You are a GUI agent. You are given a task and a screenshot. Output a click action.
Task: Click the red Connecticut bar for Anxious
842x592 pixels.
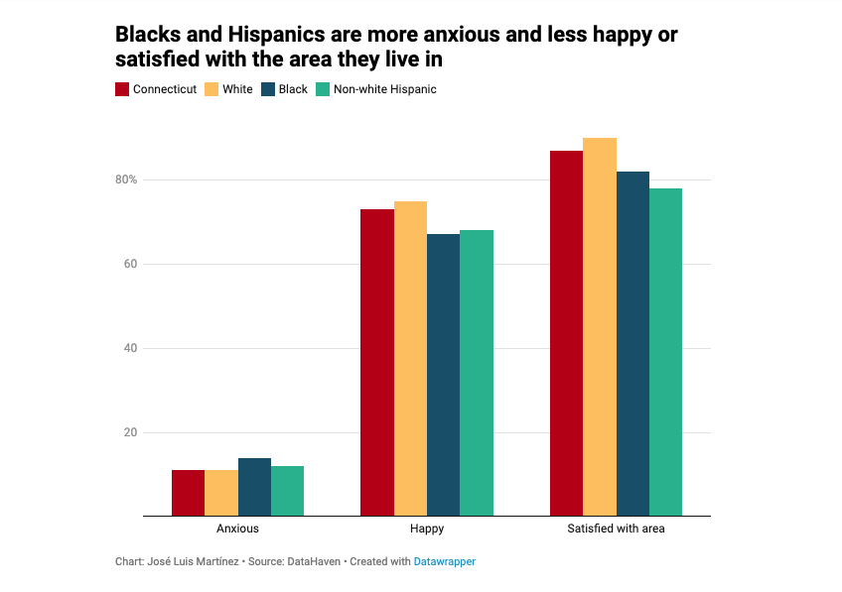[188, 493]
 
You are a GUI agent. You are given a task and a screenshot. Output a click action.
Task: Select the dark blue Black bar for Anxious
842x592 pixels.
[254, 487]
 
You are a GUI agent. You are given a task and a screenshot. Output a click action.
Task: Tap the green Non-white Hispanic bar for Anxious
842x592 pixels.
[288, 491]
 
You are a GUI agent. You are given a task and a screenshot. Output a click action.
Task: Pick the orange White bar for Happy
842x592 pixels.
[410, 358]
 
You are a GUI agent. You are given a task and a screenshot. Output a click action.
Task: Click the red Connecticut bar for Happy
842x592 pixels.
[376, 362]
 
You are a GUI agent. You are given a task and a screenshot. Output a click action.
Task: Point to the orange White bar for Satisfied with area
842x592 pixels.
[599, 327]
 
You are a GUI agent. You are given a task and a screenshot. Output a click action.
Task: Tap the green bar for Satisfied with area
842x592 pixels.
[665, 352]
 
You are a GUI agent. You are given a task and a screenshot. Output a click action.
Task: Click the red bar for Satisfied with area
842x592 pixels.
[566, 333]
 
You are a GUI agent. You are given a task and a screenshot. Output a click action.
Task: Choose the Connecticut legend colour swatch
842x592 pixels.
[123, 89]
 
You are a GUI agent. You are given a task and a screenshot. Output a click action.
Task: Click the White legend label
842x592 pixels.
[237, 89]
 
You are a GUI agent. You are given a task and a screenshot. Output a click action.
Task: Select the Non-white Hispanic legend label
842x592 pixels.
[384, 89]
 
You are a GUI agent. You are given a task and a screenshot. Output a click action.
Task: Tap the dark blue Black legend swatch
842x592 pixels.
[267, 89]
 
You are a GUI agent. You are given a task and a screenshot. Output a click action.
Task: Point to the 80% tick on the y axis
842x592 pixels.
[125, 179]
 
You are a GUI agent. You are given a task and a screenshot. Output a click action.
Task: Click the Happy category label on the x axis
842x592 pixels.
[427, 529]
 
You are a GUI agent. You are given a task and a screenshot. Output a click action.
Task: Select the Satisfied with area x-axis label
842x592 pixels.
[616, 529]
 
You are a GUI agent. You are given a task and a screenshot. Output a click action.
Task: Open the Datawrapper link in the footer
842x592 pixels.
[444, 561]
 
